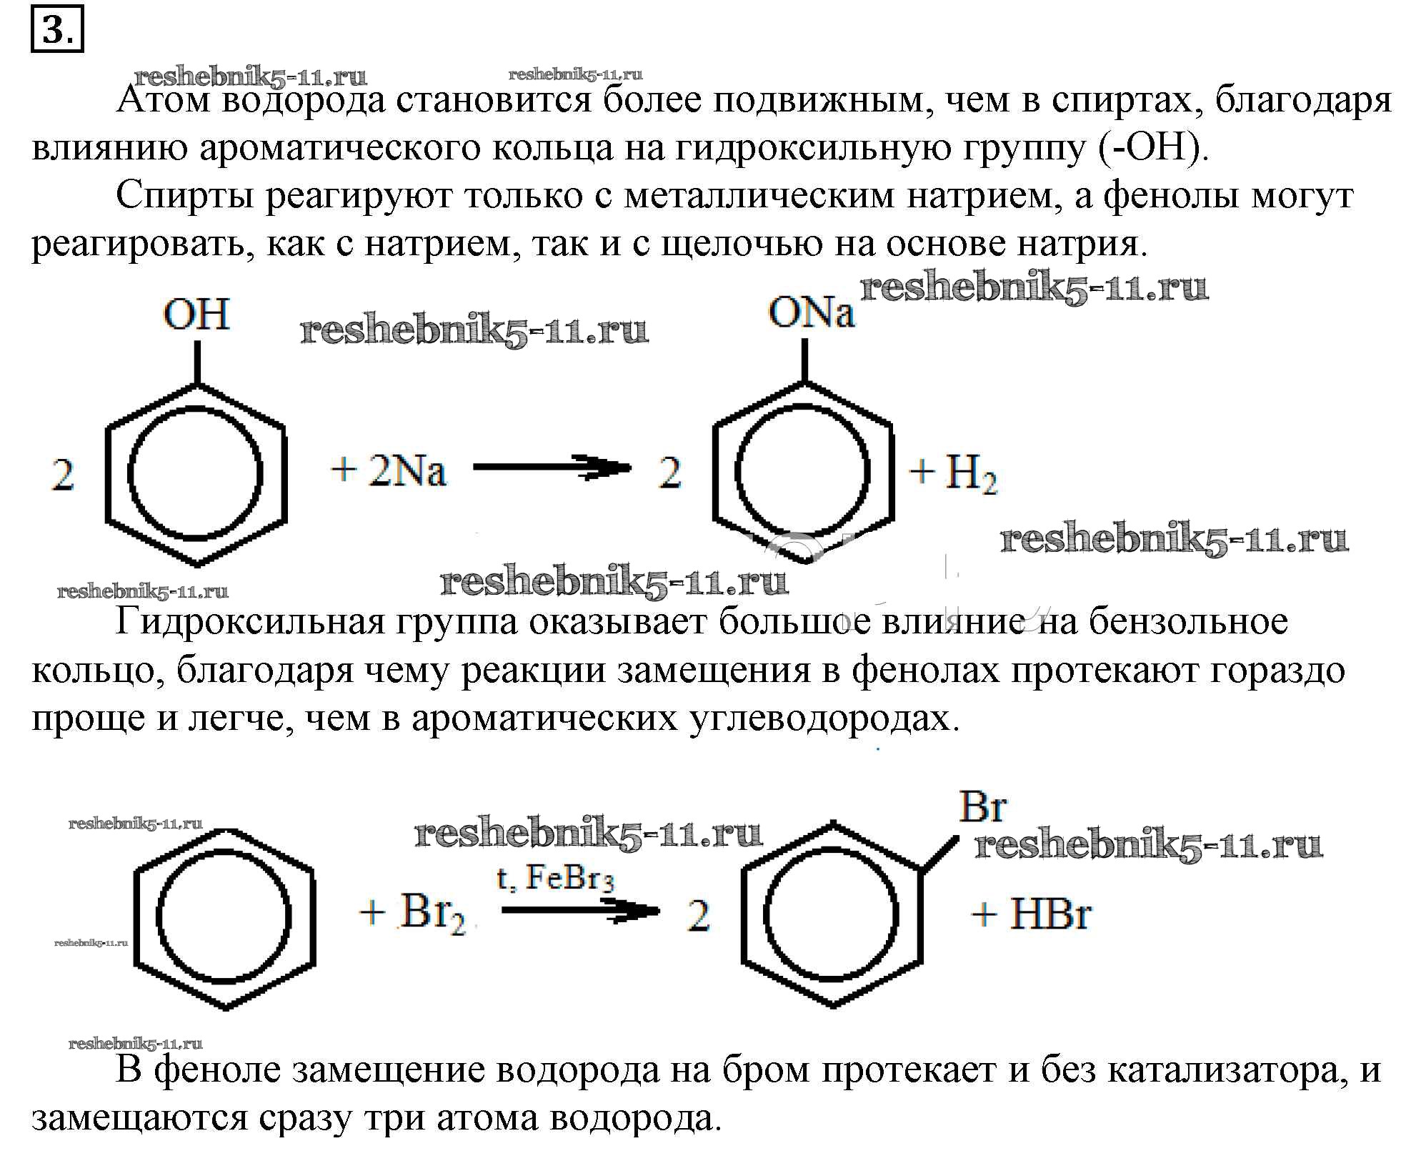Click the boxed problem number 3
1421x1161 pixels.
[57, 29]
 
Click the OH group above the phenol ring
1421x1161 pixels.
[196, 314]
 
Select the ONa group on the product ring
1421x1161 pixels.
[811, 312]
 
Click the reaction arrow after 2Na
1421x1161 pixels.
[552, 468]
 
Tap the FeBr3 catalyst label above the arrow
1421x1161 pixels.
[569, 879]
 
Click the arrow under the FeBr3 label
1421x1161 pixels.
[580, 911]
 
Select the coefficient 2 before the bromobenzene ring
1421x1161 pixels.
[698, 915]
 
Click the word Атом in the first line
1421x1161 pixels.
[164, 100]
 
